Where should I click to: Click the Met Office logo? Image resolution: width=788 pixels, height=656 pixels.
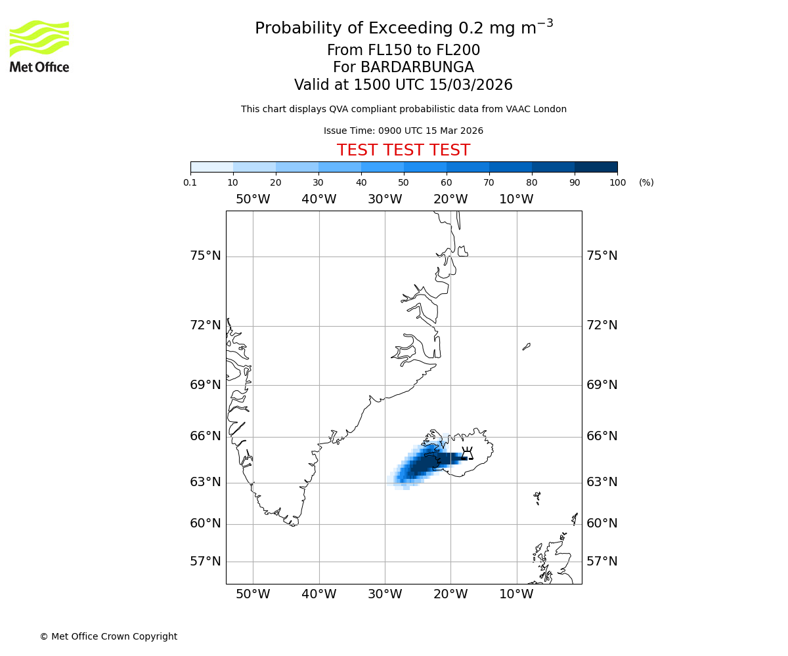coord(39,46)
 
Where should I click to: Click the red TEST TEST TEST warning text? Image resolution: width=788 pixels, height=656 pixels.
coord(403,151)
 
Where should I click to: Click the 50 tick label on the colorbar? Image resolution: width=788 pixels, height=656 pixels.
coord(404,182)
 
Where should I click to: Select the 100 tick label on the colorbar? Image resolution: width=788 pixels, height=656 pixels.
coord(617,182)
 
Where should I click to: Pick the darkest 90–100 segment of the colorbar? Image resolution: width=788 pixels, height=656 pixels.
coord(596,167)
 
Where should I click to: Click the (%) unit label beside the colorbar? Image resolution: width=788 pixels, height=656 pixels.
coord(646,182)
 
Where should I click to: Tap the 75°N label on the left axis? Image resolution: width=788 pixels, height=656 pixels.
coord(206,256)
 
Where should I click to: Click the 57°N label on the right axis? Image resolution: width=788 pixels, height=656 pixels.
coord(602,562)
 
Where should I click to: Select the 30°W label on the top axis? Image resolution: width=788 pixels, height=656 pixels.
coord(385,199)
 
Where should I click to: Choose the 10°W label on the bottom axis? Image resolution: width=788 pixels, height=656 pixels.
coord(517,594)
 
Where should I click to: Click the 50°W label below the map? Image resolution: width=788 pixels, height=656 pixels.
coord(253,594)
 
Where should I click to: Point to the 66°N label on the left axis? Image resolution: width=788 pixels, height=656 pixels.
coord(206,436)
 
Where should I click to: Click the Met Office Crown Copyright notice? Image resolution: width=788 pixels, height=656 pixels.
coord(108,636)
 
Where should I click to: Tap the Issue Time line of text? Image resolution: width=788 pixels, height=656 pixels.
coord(403,131)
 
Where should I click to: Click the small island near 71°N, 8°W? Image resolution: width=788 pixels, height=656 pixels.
coord(526,346)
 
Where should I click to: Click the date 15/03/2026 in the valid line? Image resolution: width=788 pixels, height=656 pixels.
coord(471,85)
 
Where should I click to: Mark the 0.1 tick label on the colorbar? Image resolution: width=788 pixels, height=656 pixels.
coord(190,182)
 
